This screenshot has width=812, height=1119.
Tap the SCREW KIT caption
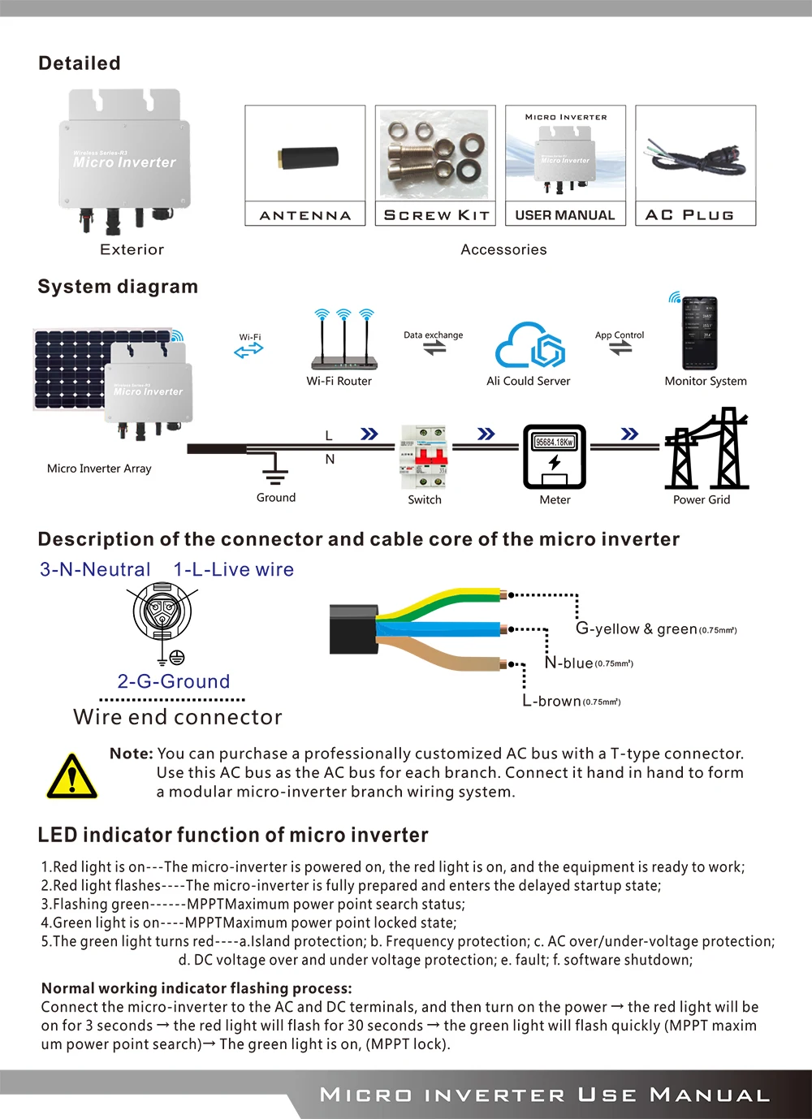click(x=436, y=215)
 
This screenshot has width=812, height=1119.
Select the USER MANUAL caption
click(x=565, y=215)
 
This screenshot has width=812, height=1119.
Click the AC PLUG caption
click(x=689, y=215)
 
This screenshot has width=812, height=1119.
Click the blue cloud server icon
click(x=529, y=346)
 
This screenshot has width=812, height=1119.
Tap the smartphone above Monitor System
click(x=699, y=334)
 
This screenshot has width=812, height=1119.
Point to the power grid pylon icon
click(x=706, y=451)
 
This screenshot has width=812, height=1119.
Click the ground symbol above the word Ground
click(x=275, y=470)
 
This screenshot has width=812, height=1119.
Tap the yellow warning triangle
click(x=71, y=776)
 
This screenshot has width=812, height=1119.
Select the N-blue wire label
click(x=589, y=663)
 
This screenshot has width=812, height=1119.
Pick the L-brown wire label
click(x=572, y=701)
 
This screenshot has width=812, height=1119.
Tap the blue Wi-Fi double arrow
click(x=248, y=350)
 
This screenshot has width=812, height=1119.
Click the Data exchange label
click(x=433, y=335)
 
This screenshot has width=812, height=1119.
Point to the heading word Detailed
click(x=80, y=63)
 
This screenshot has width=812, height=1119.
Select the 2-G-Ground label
click(x=174, y=681)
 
